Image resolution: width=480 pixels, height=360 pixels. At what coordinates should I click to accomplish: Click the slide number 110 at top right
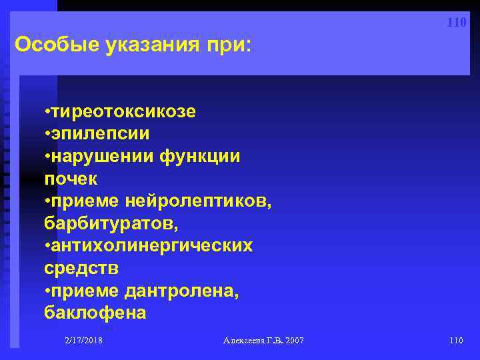pos(457,23)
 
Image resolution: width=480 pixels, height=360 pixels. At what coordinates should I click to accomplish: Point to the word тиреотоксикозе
pos(123,111)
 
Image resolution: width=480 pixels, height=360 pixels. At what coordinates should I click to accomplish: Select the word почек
pos(71,179)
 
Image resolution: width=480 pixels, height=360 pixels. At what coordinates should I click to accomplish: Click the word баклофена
pos(95,313)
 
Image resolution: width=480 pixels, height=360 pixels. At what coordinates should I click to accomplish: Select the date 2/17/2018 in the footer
pos(83,341)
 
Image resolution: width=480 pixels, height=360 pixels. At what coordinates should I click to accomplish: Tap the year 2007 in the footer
pos(293,341)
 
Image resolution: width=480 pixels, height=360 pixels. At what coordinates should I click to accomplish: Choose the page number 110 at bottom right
pos(456,341)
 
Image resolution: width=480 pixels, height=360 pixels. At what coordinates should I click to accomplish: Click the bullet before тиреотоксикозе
pos(47,111)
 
